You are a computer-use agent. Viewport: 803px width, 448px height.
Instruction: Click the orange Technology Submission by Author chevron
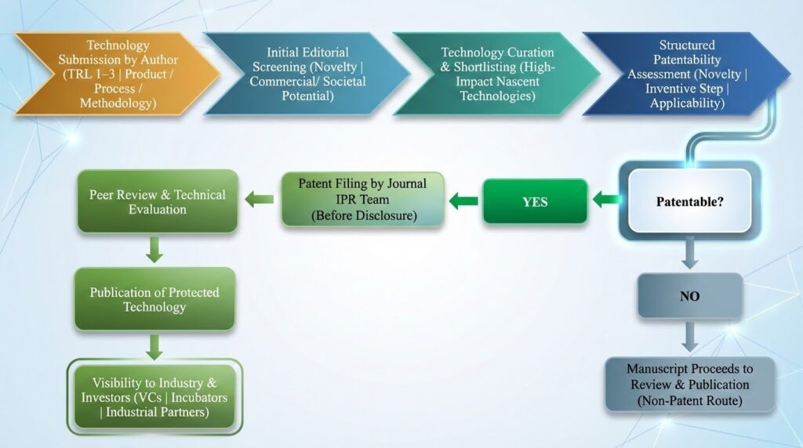point(118,74)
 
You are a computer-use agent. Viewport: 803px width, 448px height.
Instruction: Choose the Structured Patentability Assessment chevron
point(682,74)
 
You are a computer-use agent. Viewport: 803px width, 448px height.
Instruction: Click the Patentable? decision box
point(689,201)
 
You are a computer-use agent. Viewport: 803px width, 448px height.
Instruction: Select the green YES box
point(535,202)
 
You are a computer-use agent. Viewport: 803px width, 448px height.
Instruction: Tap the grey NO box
point(689,296)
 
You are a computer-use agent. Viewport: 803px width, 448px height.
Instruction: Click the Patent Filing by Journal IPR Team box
point(362,200)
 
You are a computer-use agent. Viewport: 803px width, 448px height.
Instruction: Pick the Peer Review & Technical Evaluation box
point(157,201)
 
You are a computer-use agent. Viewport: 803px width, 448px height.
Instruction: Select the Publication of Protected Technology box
point(154,298)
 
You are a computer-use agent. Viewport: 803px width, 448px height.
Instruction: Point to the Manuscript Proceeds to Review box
point(689,384)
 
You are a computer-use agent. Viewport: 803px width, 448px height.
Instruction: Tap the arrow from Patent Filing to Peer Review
point(260,201)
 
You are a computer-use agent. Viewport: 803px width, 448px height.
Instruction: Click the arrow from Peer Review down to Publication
point(154,250)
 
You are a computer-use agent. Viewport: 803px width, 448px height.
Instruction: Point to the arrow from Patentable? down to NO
point(689,252)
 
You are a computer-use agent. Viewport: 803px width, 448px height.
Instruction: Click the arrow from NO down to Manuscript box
point(689,336)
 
